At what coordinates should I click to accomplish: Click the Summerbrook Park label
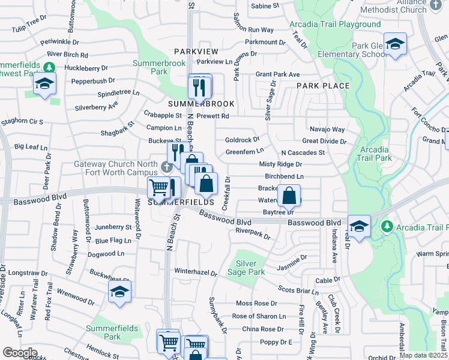tap(151, 67)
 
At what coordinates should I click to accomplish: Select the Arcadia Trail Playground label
tap(335, 25)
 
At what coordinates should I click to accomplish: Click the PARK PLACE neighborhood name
tap(323, 86)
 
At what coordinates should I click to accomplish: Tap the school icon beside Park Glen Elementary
tap(395, 44)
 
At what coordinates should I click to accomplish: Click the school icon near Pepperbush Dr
tap(44, 84)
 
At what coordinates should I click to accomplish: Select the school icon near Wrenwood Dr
tap(119, 292)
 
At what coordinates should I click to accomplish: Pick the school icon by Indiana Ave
tap(359, 226)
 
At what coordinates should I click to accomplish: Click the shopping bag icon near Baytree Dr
tap(289, 195)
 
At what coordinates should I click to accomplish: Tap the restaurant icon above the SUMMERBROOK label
tap(199, 88)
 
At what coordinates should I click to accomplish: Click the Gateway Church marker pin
tap(166, 166)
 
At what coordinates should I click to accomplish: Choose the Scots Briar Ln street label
tap(298, 291)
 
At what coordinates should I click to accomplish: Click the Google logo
tap(20, 353)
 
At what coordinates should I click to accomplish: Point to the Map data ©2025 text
tap(423, 355)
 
